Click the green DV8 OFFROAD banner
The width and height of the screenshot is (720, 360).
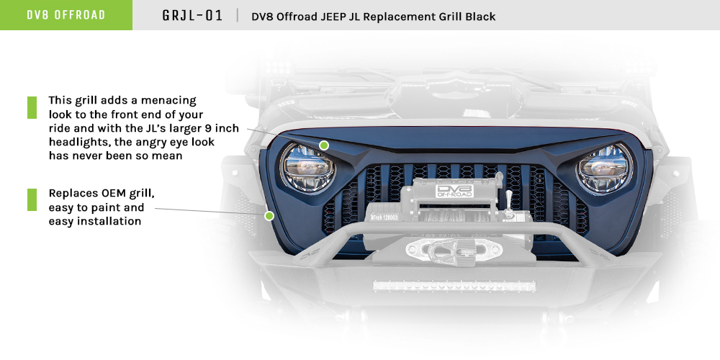pos(66,15)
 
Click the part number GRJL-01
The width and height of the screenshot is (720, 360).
pos(193,15)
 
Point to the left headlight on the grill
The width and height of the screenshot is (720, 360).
pos(305,168)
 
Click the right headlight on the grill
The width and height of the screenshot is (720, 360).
pos(604,168)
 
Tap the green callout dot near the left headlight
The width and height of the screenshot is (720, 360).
pos(324,145)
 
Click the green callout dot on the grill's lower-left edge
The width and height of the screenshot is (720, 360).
pos(269,215)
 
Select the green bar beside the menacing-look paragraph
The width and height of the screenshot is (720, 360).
pos(32,107)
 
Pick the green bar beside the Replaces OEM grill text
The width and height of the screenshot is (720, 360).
pos(32,200)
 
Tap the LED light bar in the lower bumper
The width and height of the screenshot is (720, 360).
pos(454,285)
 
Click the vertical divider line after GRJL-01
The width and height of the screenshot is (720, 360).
pos(237,15)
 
